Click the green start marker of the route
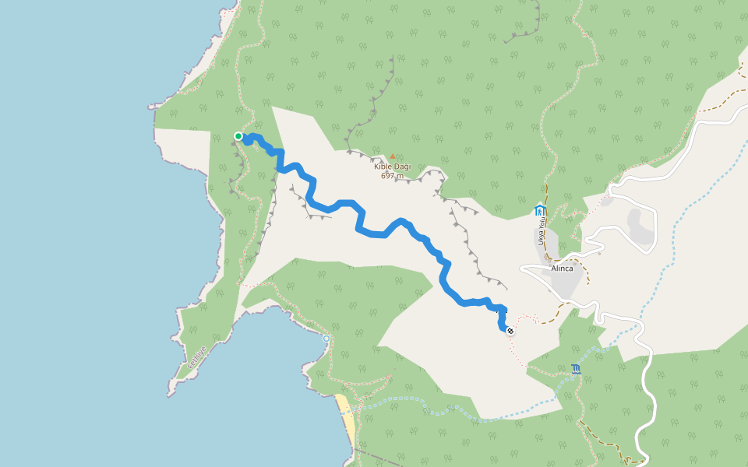238,136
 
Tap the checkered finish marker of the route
510,332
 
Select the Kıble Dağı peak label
392,167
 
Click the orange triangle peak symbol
393,156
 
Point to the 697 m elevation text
392,176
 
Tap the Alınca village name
562,269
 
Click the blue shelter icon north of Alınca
540,209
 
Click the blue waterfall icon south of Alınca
576,369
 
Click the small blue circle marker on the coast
326,339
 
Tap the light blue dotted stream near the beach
405,402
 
